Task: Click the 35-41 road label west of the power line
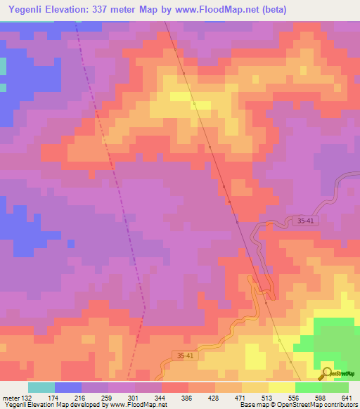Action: [x=184, y=356]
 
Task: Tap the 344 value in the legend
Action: [x=161, y=398]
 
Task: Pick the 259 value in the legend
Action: [x=108, y=398]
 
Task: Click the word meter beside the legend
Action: [x=10, y=398]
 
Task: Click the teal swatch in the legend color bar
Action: [x=41, y=387]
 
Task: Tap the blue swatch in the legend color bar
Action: [x=67, y=387]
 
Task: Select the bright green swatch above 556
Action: [x=308, y=387]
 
